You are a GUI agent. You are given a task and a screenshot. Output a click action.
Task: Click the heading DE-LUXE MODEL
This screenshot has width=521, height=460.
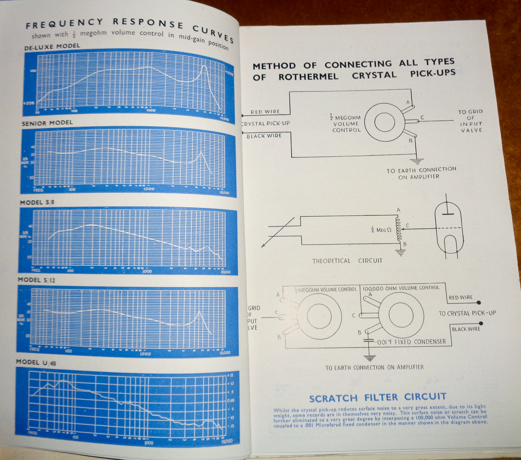pyautogui.click(x=52, y=47)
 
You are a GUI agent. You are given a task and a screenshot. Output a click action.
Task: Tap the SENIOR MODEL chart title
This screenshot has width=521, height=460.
pyautogui.click(x=47, y=123)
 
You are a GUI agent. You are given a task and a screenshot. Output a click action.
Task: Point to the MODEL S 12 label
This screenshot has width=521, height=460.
pyautogui.click(x=36, y=280)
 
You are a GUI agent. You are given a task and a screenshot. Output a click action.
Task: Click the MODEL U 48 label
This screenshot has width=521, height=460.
pyautogui.click(x=36, y=363)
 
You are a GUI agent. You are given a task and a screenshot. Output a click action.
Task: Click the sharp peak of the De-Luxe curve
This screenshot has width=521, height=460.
pyautogui.click(x=204, y=66)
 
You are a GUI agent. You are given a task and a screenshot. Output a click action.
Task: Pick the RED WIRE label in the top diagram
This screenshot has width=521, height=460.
pyautogui.click(x=265, y=112)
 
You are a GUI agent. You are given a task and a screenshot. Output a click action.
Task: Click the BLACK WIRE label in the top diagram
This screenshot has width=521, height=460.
pyautogui.click(x=264, y=136)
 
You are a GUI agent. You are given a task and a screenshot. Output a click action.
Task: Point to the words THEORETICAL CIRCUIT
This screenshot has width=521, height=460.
pyautogui.click(x=347, y=261)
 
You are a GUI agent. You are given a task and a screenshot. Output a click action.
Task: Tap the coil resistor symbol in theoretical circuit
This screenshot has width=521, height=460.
pyautogui.click(x=398, y=229)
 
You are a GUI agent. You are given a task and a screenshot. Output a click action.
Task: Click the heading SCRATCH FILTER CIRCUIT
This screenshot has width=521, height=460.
pyautogui.click(x=378, y=398)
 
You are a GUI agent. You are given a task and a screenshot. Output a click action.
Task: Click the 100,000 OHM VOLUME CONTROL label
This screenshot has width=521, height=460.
pyautogui.click(x=401, y=288)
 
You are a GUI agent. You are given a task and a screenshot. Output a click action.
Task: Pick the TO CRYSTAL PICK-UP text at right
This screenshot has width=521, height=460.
pyautogui.click(x=467, y=313)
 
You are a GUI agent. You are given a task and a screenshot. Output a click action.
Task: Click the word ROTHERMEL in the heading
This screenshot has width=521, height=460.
pyautogui.click(x=308, y=77)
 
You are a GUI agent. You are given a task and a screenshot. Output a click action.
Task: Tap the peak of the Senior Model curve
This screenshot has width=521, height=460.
pyautogui.click(x=202, y=153)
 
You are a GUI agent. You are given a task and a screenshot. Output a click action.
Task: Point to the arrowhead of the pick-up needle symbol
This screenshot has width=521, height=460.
pyautogui.click(x=263, y=246)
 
